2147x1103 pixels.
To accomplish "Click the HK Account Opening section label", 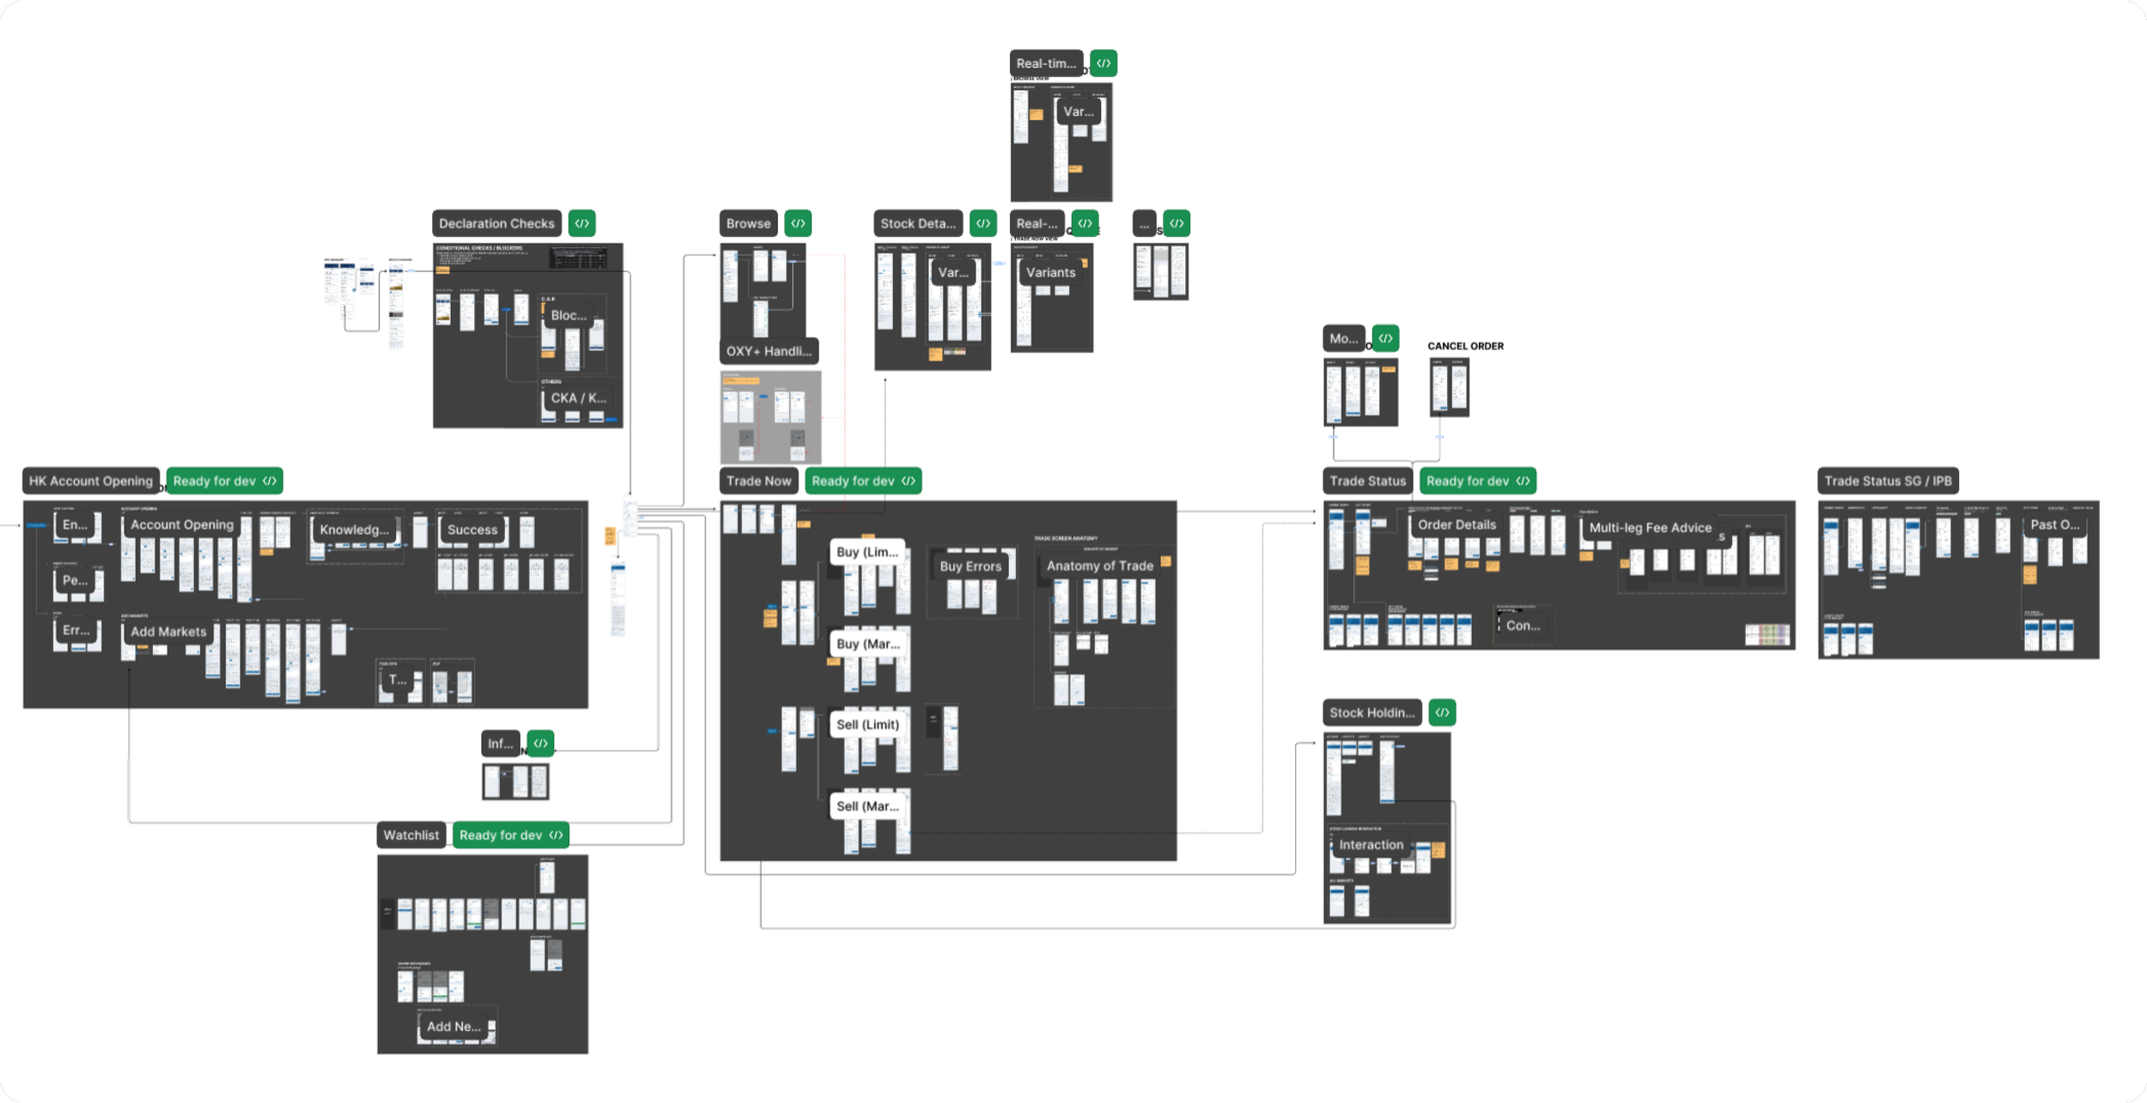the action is (90, 481).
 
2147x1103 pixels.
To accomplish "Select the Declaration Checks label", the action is (496, 223).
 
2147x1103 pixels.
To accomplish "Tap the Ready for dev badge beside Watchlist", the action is (511, 835).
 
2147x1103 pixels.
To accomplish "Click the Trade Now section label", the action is (758, 481).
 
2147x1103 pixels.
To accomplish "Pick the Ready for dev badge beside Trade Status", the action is (1477, 481).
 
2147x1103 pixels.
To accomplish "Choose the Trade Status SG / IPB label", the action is (1888, 481).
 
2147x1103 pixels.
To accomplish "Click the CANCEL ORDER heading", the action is (1465, 346).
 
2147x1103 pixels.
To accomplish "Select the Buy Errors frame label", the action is (970, 567).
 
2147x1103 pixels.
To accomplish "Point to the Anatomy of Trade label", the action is (1099, 566).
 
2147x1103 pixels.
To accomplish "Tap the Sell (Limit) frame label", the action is (867, 724).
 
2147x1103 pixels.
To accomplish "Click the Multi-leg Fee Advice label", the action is (1650, 528).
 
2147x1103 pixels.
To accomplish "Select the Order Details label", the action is (1457, 524).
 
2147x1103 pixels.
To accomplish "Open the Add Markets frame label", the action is (168, 632).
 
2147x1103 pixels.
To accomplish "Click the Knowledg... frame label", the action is (354, 530).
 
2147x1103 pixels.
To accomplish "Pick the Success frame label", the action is (471, 530).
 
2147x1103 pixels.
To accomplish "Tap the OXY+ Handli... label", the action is (769, 351).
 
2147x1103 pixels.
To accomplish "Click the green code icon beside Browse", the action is (798, 223).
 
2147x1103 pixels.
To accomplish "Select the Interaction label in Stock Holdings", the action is (1371, 845).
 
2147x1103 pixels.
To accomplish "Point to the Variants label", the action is (1050, 272).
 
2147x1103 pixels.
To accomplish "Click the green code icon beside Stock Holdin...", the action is (1442, 712).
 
